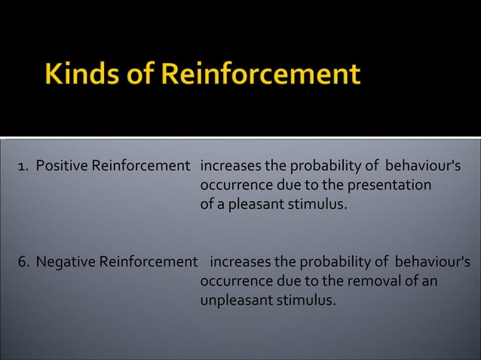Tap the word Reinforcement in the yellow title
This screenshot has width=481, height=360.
[261, 75]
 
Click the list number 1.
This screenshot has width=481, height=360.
[21, 166]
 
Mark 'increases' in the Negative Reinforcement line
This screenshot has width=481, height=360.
[240, 262]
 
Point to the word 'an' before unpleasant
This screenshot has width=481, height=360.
[429, 281]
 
